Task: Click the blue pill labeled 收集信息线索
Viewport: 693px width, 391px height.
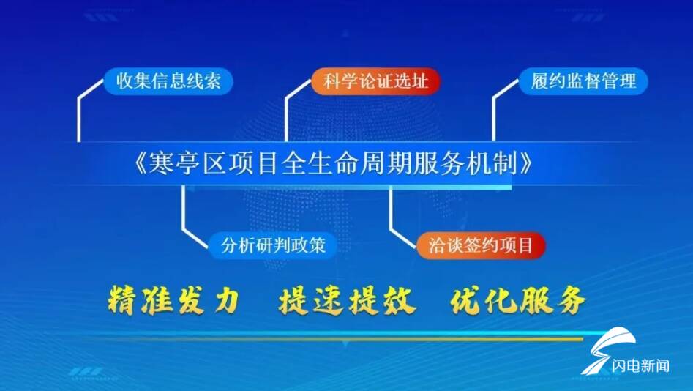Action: coord(168,81)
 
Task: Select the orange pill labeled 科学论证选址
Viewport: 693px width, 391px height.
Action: coord(375,81)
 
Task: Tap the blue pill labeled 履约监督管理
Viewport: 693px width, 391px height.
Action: coord(583,81)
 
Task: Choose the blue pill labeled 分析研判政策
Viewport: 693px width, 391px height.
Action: coord(273,245)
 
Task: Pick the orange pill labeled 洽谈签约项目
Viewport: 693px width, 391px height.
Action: coord(481,245)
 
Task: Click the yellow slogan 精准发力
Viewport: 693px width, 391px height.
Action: coord(174,301)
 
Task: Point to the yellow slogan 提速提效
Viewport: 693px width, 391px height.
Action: coord(347,301)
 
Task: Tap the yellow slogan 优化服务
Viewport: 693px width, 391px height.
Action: coord(518,301)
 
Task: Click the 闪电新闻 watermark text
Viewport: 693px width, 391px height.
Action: coord(640,366)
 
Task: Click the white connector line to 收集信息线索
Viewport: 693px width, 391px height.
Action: coord(79,115)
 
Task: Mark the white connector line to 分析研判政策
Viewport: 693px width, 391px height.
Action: coord(184,217)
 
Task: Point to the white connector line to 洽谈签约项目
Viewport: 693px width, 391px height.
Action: coord(391,217)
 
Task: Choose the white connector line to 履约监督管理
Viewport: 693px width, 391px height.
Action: coord(493,115)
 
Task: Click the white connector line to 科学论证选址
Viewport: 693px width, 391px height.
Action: coord(286,115)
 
